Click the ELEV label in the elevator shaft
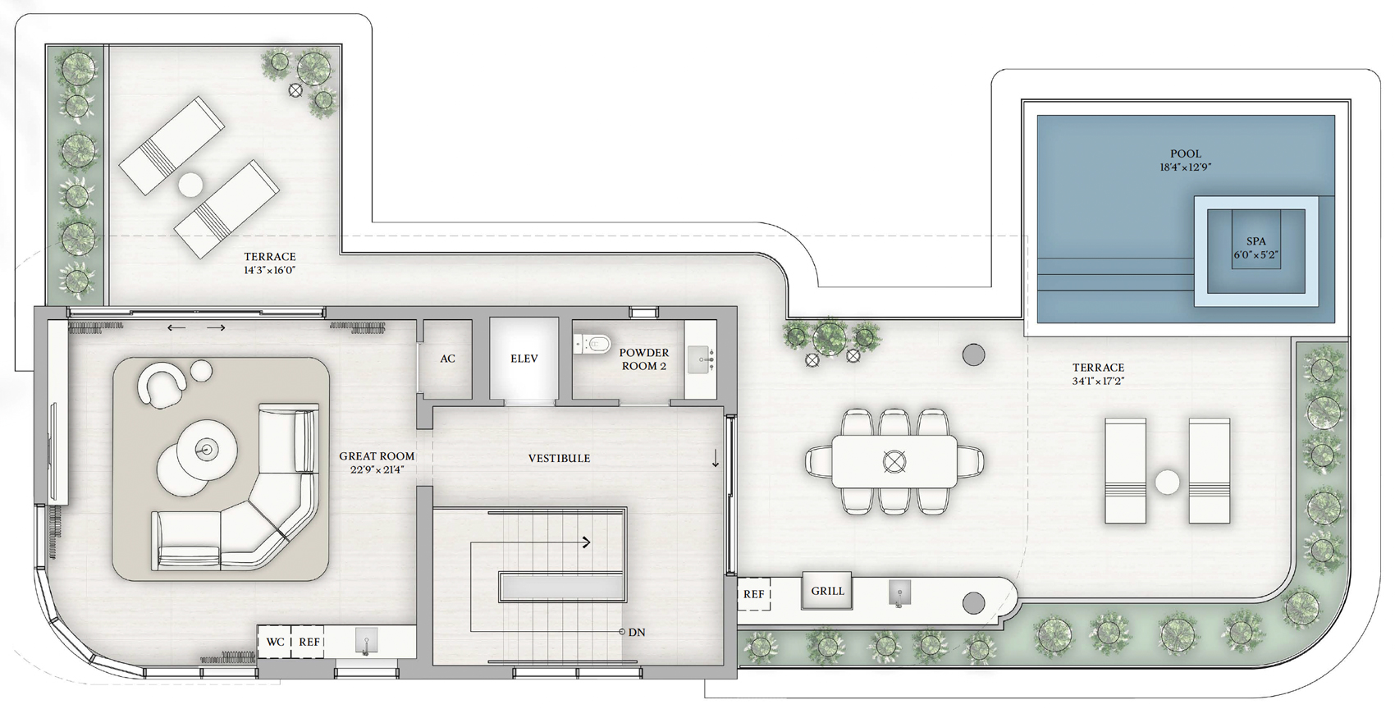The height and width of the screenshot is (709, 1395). click(x=524, y=359)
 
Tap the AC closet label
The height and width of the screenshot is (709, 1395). click(x=448, y=359)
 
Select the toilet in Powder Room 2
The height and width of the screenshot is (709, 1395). click(x=592, y=343)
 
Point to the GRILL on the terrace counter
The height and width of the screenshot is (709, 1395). click(x=828, y=591)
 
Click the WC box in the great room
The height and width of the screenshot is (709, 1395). click(x=275, y=642)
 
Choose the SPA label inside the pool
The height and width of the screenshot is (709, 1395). click(x=1256, y=241)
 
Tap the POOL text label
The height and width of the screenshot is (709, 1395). click(x=1186, y=153)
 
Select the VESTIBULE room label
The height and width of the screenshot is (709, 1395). click(x=560, y=459)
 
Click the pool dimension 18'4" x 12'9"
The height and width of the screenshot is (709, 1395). click(x=1186, y=167)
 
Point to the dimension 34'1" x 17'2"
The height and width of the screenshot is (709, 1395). click(x=1098, y=382)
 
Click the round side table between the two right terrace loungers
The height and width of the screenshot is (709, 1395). click(x=1167, y=483)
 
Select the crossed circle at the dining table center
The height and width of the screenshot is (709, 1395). click(x=894, y=461)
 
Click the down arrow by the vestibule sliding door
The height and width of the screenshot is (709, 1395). click(x=716, y=458)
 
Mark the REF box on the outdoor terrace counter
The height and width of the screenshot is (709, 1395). click(x=753, y=594)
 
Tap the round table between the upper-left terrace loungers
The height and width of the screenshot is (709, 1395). click(x=190, y=185)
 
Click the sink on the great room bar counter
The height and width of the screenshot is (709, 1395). click(x=366, y=641)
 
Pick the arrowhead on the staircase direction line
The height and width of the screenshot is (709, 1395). click(x=586, y=542)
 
